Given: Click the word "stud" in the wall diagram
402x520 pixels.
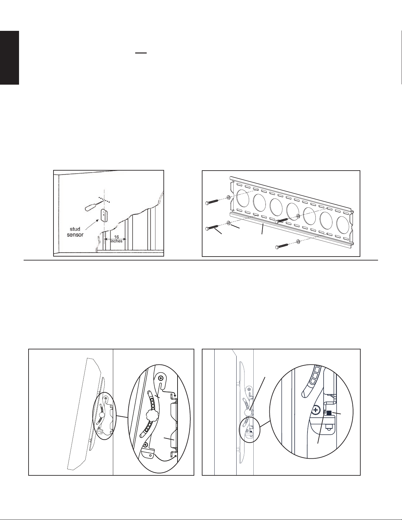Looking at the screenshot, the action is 75,229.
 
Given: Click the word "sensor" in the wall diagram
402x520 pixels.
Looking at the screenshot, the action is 75,235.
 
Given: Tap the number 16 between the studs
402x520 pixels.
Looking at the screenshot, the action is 116,237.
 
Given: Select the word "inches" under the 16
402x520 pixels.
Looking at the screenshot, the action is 116,241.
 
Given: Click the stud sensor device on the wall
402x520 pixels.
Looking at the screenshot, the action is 104,215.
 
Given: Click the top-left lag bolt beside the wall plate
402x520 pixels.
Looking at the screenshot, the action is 212,201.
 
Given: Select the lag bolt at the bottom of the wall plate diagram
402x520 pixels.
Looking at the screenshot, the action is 282,246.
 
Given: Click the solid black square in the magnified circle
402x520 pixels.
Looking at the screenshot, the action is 329,413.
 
